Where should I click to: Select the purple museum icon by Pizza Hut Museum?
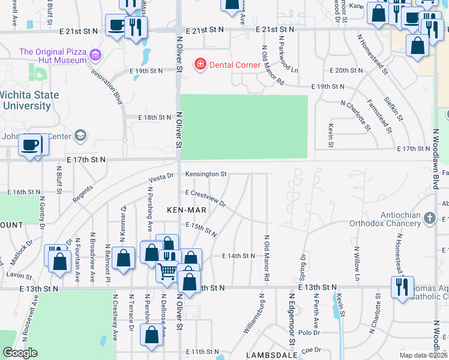tap(94, 57)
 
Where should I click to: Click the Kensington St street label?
tap(205, 174)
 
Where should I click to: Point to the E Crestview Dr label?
tap(205, 199)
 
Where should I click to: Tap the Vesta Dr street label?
tap(161, 176)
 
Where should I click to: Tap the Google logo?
tap(20, 353)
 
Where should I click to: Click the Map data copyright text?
tap(423, 355)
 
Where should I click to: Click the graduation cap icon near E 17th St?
tap(79, 136)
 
